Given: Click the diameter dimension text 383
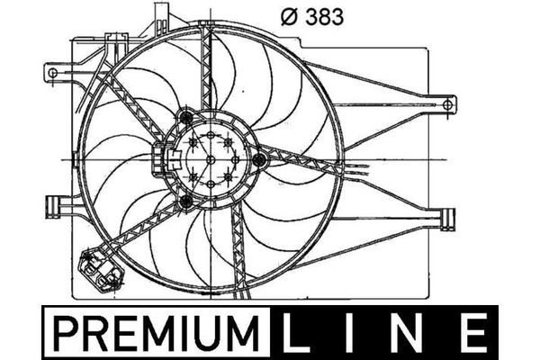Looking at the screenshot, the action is [x=324, y=17].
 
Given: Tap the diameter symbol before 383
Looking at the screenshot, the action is [x=289, y=17].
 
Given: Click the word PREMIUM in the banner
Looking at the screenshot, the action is [x=157, y=333].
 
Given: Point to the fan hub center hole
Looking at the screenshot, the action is [x=211, y=160].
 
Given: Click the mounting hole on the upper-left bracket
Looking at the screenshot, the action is [x=53, y=73].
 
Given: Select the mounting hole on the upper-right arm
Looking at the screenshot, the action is [x=447, y=104].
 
